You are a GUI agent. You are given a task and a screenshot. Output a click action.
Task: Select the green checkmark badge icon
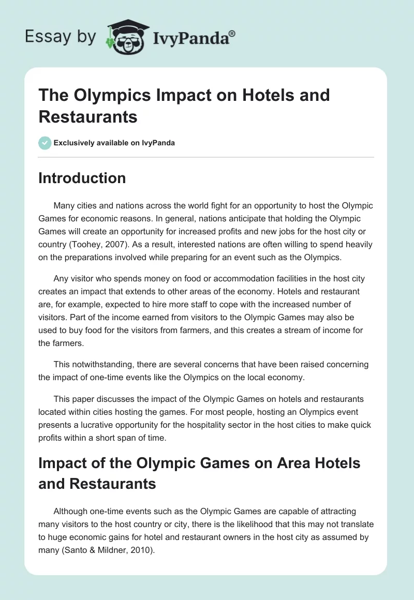pos(45,143)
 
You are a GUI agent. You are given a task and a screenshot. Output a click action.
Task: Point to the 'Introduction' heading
pos(82,178)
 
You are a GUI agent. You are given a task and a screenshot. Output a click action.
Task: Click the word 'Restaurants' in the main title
pos(88,117)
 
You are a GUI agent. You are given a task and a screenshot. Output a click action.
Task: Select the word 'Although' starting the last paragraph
pos(70,512)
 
